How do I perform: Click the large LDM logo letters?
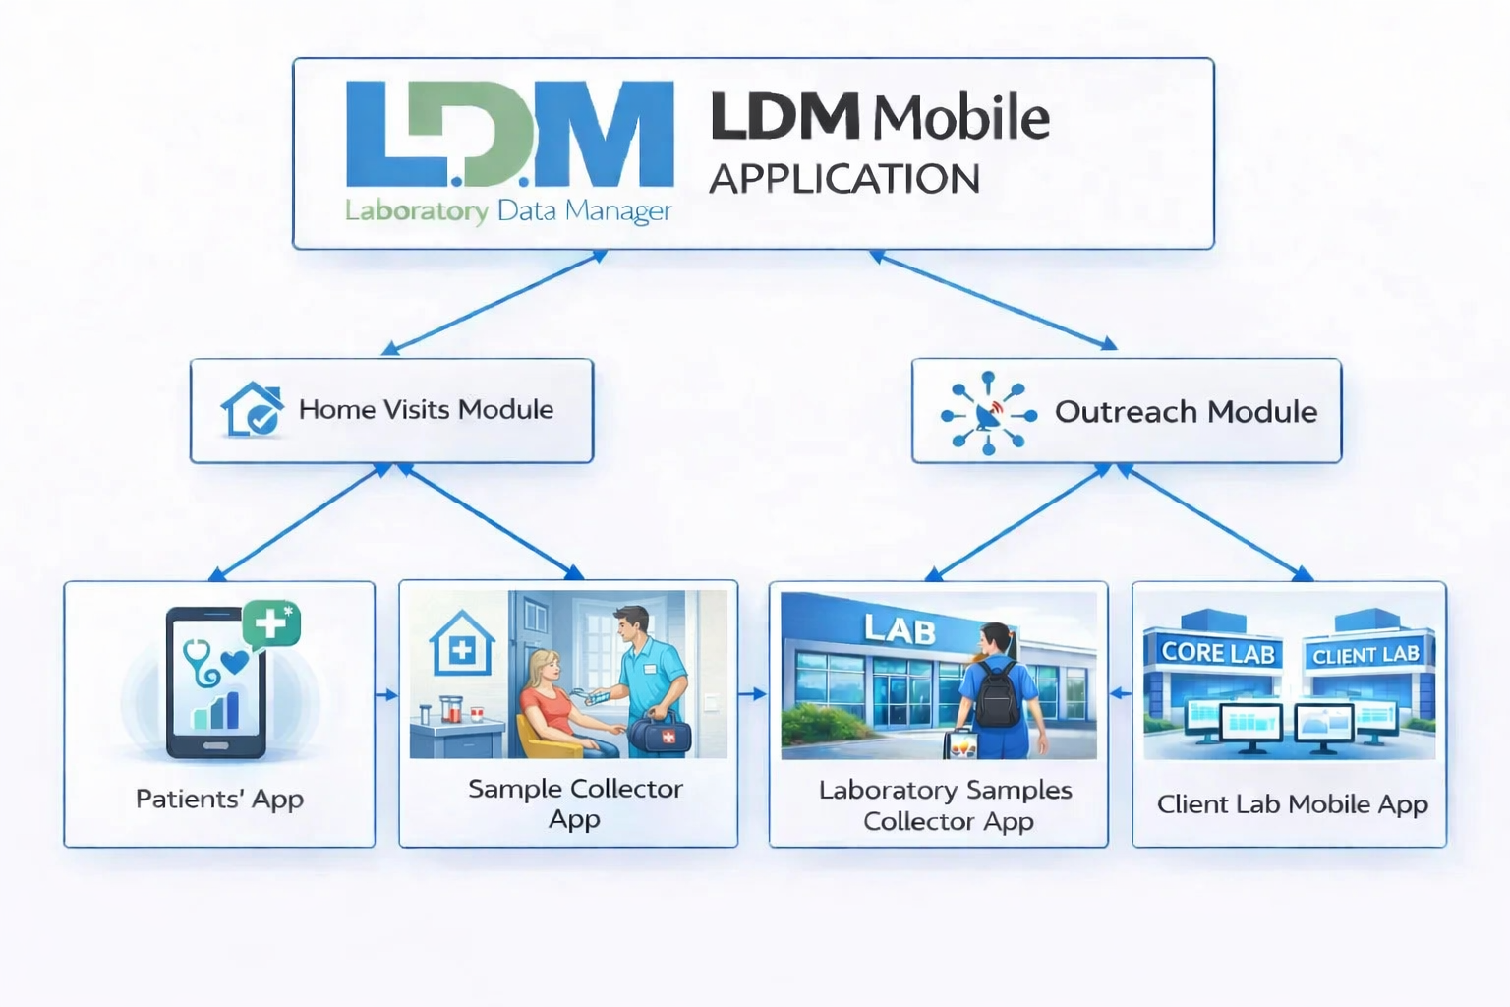(x=509, y=135)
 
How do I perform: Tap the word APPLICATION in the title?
(x=844, y=179)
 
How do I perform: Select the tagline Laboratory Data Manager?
(x=508, y=210)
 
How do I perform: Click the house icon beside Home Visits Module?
(x=252, y=409)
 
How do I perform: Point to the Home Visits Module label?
(x=426, y=409)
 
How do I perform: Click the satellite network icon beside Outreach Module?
(x=988, y=413)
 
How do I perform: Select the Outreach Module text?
(x=1186, y=411)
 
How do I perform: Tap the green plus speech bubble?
(x=271, y=623)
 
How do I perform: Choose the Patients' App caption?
(x=219, y=799)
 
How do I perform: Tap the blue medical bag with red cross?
(x=659, y=733)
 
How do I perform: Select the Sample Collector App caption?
(x=575, y=803)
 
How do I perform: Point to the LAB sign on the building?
(x=900, y=629)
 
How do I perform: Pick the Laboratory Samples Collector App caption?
(x=946, y=805)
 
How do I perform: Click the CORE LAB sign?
(x=1218, y=653)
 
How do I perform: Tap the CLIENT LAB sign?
(x=1365, y=655)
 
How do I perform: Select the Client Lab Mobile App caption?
(x=1292, y=804)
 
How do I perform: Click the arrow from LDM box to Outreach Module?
(x=993, y=300)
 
